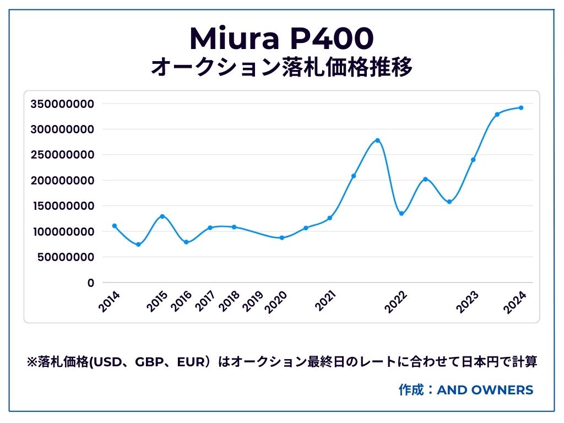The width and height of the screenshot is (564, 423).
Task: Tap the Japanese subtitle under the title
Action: (281, 68)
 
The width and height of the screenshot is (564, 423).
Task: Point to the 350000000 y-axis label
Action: (62, 104)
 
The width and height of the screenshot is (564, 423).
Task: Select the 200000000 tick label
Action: (62, 181)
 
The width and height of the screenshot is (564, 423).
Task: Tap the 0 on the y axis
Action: (90, 283)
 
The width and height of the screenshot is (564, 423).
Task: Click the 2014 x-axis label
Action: (110, 302)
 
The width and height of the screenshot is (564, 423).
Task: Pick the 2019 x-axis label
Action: (253, 302)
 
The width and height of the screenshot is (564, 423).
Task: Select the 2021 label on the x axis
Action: (327, 302)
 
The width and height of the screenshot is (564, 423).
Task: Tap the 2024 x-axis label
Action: (517, 302)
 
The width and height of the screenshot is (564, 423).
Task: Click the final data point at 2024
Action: (521, 107)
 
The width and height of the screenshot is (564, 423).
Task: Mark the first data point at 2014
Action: (114, 226)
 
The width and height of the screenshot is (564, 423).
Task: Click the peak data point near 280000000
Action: (377, 140)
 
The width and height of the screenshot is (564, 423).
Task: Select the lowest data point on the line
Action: (138, 245)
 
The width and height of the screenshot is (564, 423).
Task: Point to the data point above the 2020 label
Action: (282, 238)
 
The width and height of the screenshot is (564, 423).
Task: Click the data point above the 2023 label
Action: (473, 160)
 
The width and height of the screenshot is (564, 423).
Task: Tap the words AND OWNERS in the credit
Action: (485, 390)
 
